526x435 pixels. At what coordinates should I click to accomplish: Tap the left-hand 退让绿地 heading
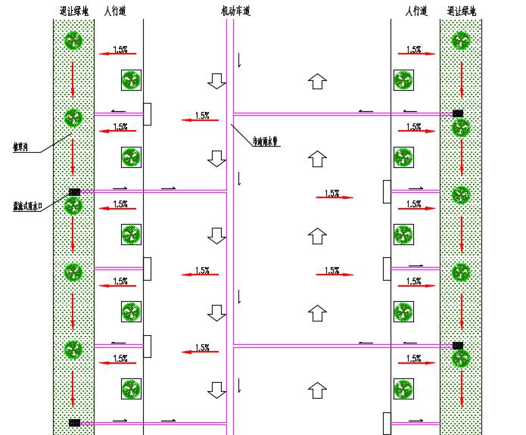[x=73, y=11]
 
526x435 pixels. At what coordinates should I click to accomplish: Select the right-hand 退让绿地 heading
[x=461, y=11]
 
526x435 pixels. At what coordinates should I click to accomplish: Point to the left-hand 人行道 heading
[x=114, y=11]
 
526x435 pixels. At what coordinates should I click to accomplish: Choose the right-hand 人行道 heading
[x=416, y=11]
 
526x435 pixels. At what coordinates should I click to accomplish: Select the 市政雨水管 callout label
[x=266, y=141]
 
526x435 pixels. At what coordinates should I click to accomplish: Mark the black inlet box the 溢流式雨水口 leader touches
[x=74, y=192]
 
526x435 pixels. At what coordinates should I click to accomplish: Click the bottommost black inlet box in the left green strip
[x=74, y=422]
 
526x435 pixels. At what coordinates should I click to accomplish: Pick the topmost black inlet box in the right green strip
[x=458, y=113]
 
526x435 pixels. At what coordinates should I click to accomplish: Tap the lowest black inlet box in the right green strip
[x=458, y=345]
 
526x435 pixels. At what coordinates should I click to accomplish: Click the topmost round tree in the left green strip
[x=73, y=40]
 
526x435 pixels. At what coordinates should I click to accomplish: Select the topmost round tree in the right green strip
[x=461, y=40]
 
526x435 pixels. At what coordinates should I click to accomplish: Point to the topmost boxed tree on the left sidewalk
[x=131, y=80]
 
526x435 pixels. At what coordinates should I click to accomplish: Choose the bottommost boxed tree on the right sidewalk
[x=403, y=389]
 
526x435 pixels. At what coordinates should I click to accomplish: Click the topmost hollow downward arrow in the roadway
[x=217, y=80]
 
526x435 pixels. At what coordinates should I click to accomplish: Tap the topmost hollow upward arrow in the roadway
[x=318, y=80]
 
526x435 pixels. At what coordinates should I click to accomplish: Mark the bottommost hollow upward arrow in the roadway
[x=318, y=390]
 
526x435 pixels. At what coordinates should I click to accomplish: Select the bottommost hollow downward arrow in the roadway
[x=217, y=390]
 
